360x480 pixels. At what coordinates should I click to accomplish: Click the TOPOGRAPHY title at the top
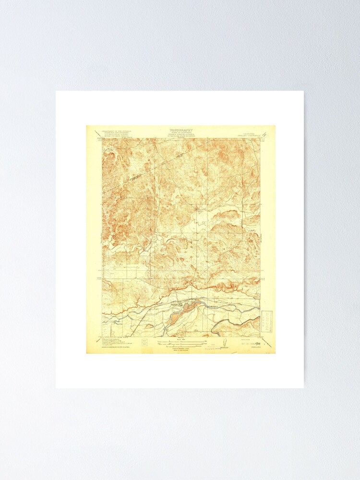180,130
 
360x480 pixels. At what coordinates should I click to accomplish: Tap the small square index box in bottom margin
144,343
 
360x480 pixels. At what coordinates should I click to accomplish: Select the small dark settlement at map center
197,208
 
